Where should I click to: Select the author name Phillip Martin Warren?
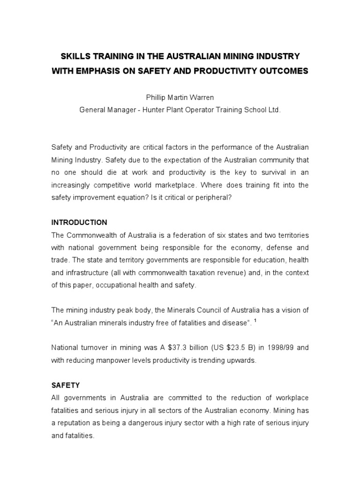(180, 98)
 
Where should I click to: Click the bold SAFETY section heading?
(65, 385)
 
